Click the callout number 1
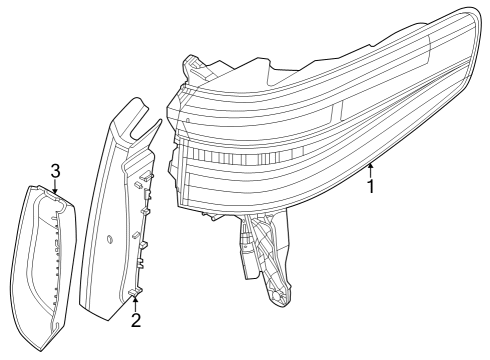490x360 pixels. point(372,185)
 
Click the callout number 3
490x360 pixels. point(56,170)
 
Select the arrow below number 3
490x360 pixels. point(56,186)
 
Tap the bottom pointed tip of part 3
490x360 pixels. point(40,349)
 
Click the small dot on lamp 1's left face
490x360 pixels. point(188,118)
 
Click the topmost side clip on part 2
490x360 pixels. point(147,178)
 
